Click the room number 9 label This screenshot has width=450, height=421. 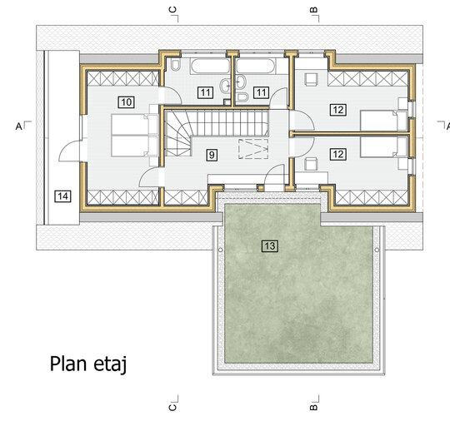point(212,155)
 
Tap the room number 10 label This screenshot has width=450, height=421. point(127,102)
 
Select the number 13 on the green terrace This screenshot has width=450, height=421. point(270,246)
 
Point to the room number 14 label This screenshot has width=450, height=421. point(62,196)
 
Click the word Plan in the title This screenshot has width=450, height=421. point(68,364)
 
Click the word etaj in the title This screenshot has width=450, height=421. point(110,364)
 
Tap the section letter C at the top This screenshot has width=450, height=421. point(172,10)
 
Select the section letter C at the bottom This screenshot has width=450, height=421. point(172,407)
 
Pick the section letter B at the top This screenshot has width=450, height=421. point(314,10)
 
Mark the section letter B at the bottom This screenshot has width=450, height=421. point(314,407)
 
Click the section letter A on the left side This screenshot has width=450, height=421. point(18,126)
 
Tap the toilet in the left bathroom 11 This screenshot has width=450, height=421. point(175,65)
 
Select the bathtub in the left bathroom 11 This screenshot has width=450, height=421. point(210,66)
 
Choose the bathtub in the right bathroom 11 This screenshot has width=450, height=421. point(255,66)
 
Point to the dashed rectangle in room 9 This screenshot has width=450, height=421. point(253,149)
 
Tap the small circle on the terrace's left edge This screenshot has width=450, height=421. point(220,250)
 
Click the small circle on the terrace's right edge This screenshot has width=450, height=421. point(377,250)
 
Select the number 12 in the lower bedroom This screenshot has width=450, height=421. point(337,155)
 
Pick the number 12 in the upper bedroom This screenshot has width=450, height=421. point(338,110)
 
